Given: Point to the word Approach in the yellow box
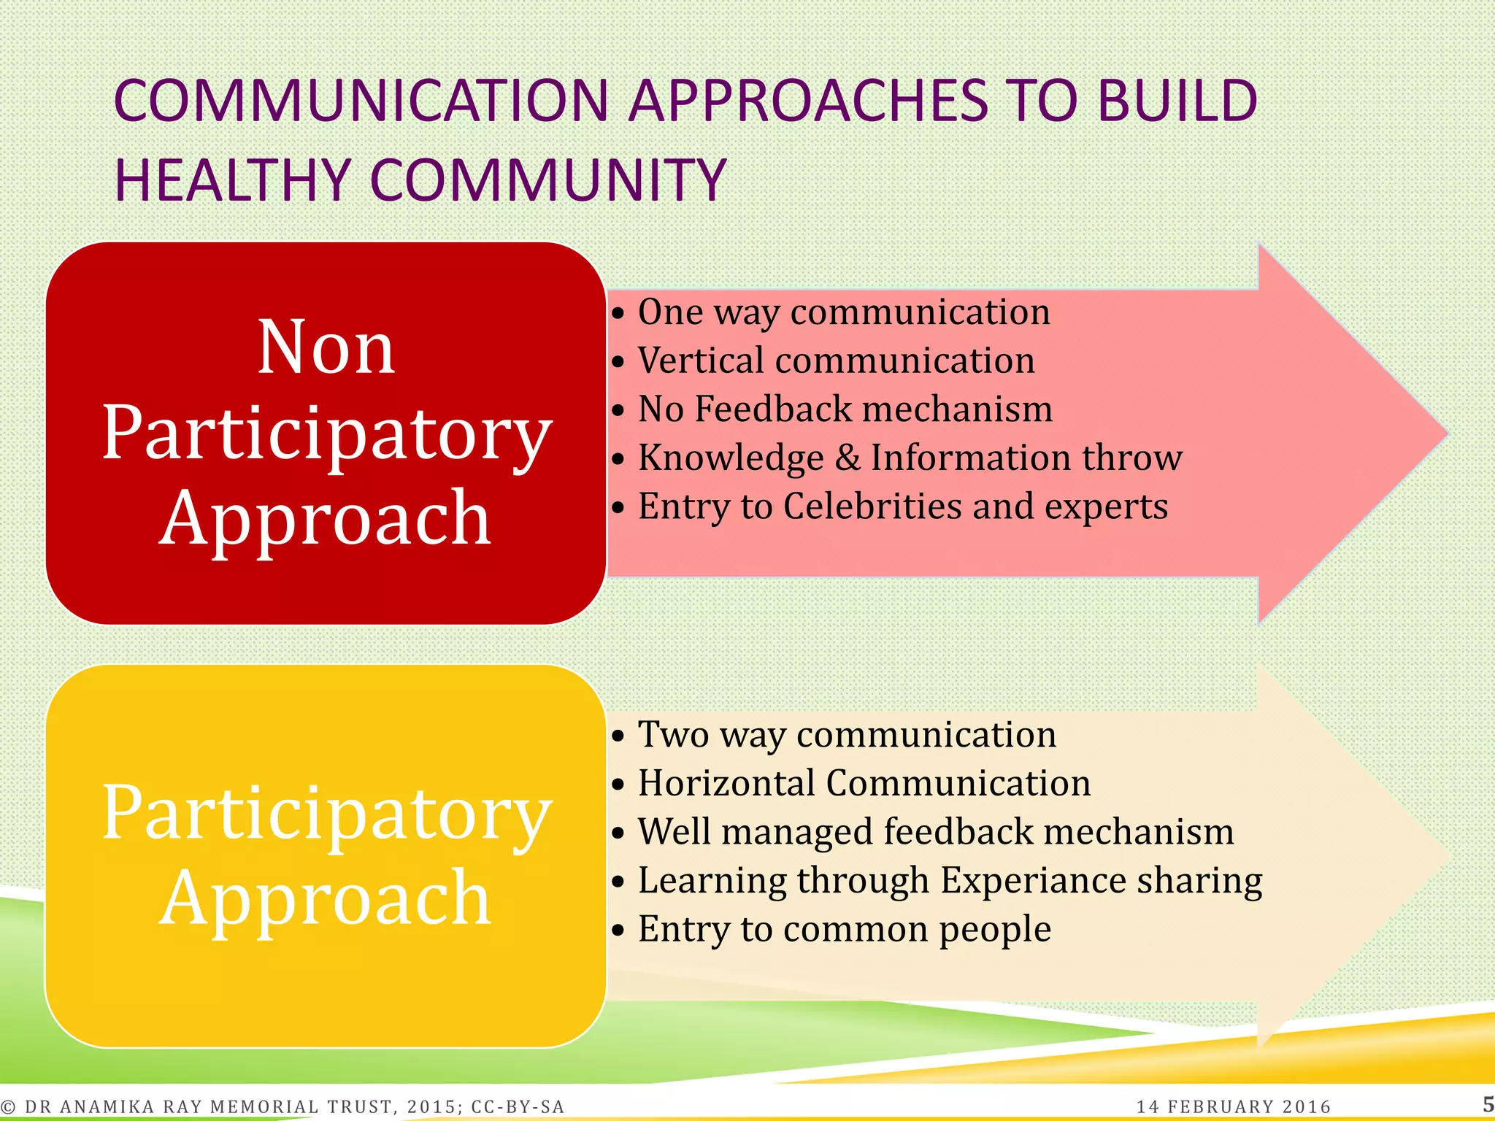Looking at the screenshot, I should pyautogui.click(x=326, y=898).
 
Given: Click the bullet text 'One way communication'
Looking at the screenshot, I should pyautogui.click(x=843, y=312).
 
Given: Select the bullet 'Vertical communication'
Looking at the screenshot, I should pyautogui.click(x=836, y=361).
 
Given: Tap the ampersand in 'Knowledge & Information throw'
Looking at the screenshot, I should pyautogui.click(x=848, y=458).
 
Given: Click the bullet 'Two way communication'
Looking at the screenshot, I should pyautogui.click(x=847, y=734).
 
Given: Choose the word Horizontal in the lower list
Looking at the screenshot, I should pyautogui.click(x=726, y=783).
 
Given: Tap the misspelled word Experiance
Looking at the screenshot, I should pyautogui.click(x=1033, y=880).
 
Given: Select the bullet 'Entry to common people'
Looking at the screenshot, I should pyautogui.click(x=844, y=929).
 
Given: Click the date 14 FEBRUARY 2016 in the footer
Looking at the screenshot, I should pyautogui.click(x=1234, y=1106).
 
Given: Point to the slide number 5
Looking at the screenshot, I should pyautogui.click(x=1487, y=1103).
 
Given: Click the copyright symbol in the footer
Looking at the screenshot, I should pyautogui.click(x=8, y=1107).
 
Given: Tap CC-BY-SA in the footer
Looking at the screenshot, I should pyautogui.click(x=518, y=1106).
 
